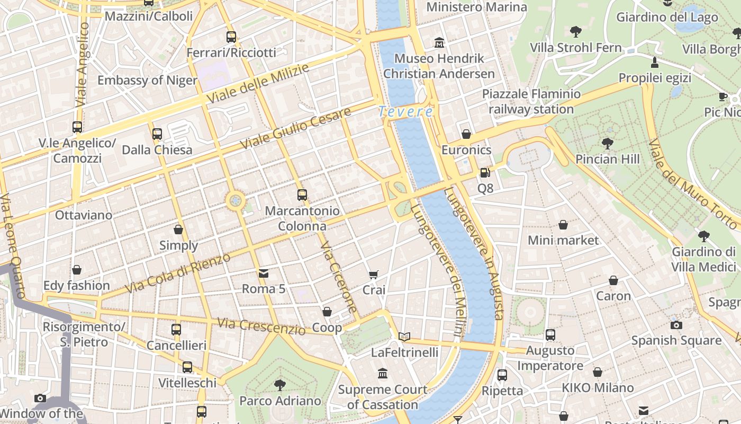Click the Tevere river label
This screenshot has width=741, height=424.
click(x=405, y=112)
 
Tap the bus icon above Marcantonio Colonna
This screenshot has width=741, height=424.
click(x=302, y=195)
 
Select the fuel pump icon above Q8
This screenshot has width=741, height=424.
click(x=485, y=173)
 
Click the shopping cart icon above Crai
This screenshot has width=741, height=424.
click(x=374, y=275)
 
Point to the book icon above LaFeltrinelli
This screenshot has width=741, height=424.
click(x=404, y=337)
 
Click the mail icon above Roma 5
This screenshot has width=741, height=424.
click(x=263, y=273)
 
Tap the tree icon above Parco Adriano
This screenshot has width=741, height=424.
click(x=280, y=385)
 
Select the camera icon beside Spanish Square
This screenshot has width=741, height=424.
click(x=676, y=325)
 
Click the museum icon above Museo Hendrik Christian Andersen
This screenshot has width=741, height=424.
click(x=439, y=42)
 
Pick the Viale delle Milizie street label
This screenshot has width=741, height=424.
click(x=257, y=84)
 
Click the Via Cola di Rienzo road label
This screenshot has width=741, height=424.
click(x=178, y=273)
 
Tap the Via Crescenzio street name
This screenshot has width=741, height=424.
click(x=261, y=326)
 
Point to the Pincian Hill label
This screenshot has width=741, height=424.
click(x=608, y=159)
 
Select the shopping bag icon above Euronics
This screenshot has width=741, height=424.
click(x=466, y=135)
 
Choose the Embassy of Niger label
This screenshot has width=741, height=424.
click(x=147, y=81)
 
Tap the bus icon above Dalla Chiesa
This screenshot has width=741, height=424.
click(x=157, y=134)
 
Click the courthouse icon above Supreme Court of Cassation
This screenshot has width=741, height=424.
click(x=383, y=374)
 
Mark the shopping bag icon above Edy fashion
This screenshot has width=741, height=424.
click(x=77, y=270)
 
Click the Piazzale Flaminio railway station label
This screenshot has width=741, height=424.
click(x=531, y=102)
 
